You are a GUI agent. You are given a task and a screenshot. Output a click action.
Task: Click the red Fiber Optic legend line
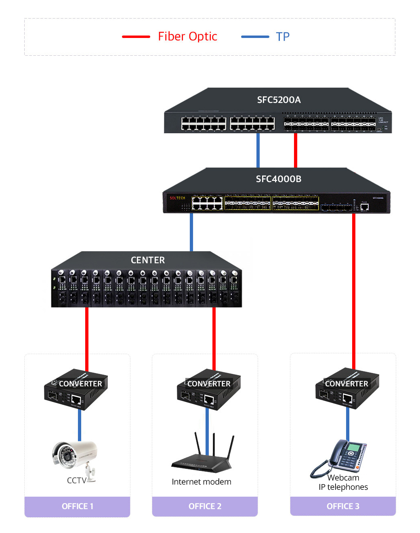136,37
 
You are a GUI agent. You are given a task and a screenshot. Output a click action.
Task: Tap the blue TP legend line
255,37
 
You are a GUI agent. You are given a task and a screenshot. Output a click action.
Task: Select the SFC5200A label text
279,100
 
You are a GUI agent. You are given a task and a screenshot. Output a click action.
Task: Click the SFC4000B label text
279,179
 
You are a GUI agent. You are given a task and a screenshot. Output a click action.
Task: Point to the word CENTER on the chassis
148,260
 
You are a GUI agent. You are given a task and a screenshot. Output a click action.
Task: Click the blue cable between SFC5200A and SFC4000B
258,150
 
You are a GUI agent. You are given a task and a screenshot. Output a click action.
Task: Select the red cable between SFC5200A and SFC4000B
296,150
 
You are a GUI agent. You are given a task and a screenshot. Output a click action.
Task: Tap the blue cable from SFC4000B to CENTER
191,232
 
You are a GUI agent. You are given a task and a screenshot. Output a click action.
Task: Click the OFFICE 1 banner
77,506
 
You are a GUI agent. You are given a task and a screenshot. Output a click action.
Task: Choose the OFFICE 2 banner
205,506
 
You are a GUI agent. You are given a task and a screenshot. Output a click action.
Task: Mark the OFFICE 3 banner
343,506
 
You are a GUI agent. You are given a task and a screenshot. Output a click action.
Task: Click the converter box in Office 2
208,390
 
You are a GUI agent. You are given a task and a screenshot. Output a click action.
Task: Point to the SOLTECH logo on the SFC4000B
177,198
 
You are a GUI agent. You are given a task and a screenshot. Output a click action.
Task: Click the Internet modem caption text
202,482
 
